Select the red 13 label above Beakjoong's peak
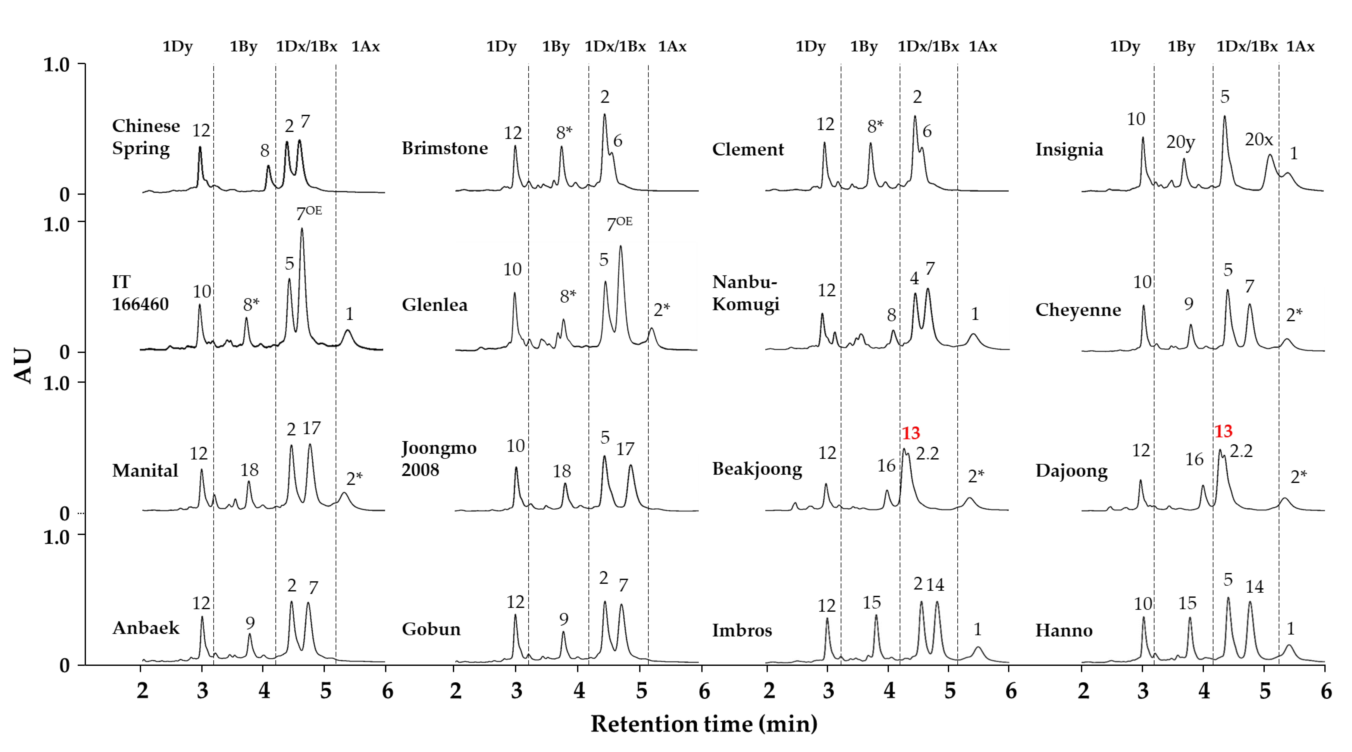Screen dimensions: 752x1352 (x=911, y=433)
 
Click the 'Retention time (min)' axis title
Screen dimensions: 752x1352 (x=703, y=724)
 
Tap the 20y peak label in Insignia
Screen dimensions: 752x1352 (x=1180, y=142)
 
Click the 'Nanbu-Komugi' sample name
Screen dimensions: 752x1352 (x=745, y=293)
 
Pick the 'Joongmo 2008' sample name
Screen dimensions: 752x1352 (x=439, y=458)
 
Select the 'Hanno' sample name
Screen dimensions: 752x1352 (x=1063, y=630)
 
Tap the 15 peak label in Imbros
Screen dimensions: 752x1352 (x=871, y=603)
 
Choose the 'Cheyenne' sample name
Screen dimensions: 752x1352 (x=1077, y=310)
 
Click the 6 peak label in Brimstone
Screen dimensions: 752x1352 (x=618, y=141)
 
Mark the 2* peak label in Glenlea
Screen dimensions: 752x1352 (x=661, y=310)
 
